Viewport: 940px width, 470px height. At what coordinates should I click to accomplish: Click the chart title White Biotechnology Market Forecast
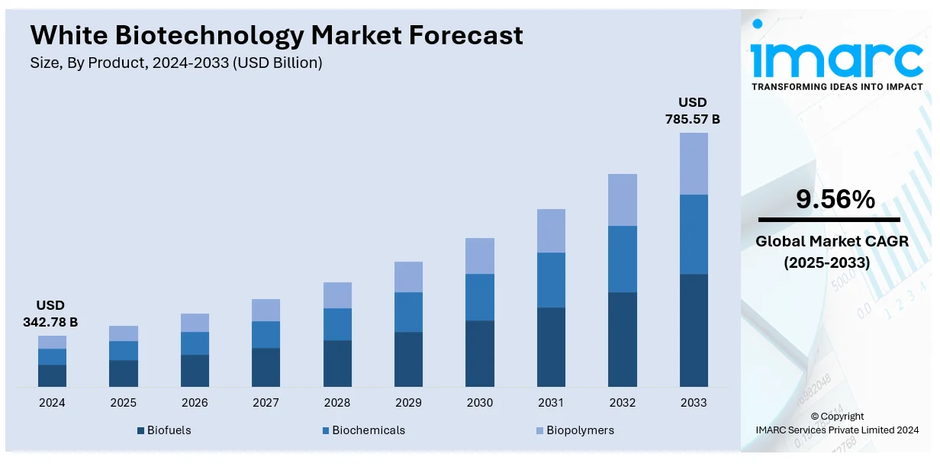pos(277,35)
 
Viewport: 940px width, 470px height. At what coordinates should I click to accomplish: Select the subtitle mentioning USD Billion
pos(176,63)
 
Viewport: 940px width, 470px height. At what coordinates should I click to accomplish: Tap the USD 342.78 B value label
pos(50,314)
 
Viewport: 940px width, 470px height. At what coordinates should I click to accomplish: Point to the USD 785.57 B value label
pos(693,111)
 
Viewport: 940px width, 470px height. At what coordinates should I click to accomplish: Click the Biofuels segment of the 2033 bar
pos(694,330)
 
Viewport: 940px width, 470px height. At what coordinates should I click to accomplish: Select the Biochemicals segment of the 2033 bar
pos(694,233)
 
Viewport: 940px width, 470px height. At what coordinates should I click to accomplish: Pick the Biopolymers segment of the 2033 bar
pos(694,163)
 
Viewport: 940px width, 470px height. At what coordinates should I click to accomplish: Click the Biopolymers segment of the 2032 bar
pos(622,199)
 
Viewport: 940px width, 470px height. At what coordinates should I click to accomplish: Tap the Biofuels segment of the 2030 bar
pos(480,353)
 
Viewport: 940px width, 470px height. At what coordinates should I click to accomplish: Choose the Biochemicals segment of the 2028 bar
pos(337,324)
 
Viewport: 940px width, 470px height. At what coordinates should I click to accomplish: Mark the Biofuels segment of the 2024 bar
pos(52,375)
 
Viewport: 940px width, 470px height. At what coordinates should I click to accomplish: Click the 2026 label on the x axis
pos(195,403)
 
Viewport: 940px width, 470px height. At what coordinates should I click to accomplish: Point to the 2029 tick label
pos(408,403)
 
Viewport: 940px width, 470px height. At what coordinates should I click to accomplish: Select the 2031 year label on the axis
pos(551,403)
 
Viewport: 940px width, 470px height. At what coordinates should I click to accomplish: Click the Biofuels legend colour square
pos(141,431)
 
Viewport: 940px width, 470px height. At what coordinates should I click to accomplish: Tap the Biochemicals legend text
pos(369,430)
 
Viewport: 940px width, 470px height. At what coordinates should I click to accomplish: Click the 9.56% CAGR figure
pos(835,200)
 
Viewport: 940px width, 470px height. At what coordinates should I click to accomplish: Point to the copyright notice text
pos(837,423)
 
